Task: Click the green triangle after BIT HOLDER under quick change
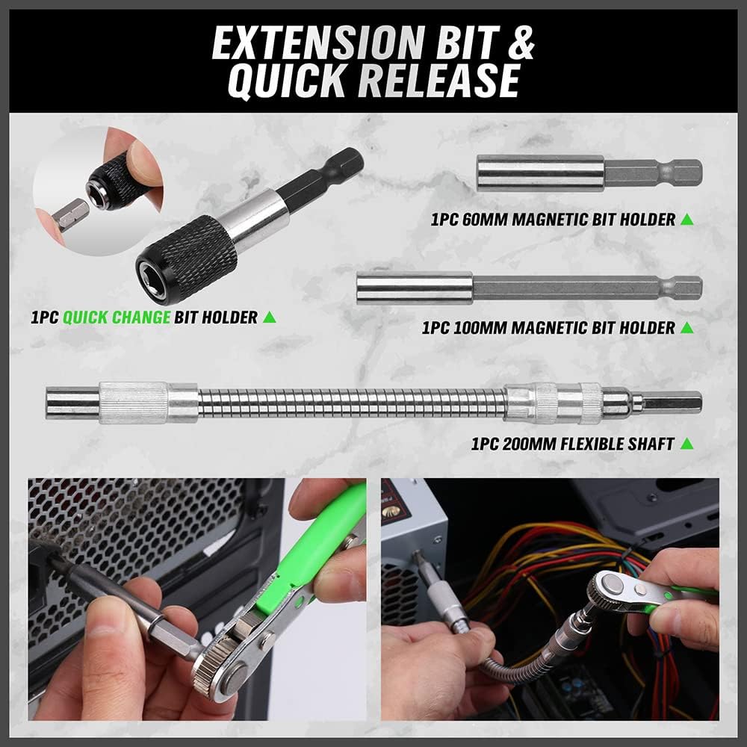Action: coord(270,317)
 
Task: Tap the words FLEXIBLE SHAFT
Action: coord(601,444)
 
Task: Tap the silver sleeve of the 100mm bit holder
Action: coord(415,288)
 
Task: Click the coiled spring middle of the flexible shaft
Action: coord(351,403)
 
